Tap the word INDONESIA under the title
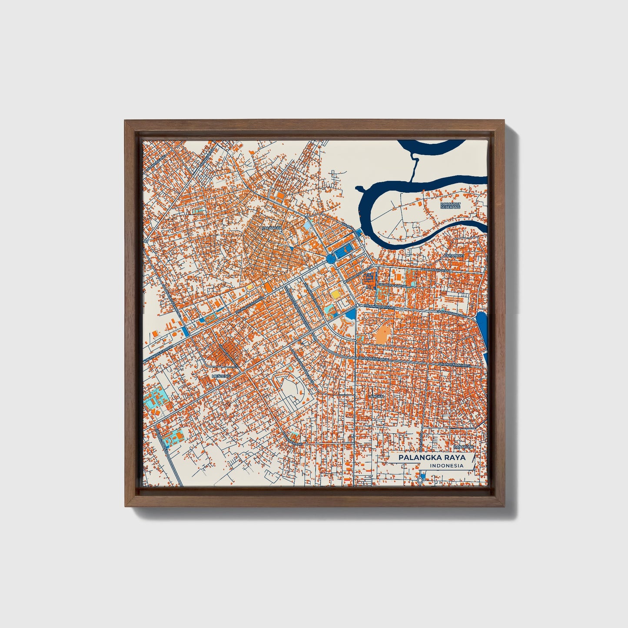(446, 466)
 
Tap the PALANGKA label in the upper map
(272, 227)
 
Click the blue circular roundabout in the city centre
(330, 259)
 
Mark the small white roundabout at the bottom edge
(420, 479)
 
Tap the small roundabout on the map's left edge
(147, 240)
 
